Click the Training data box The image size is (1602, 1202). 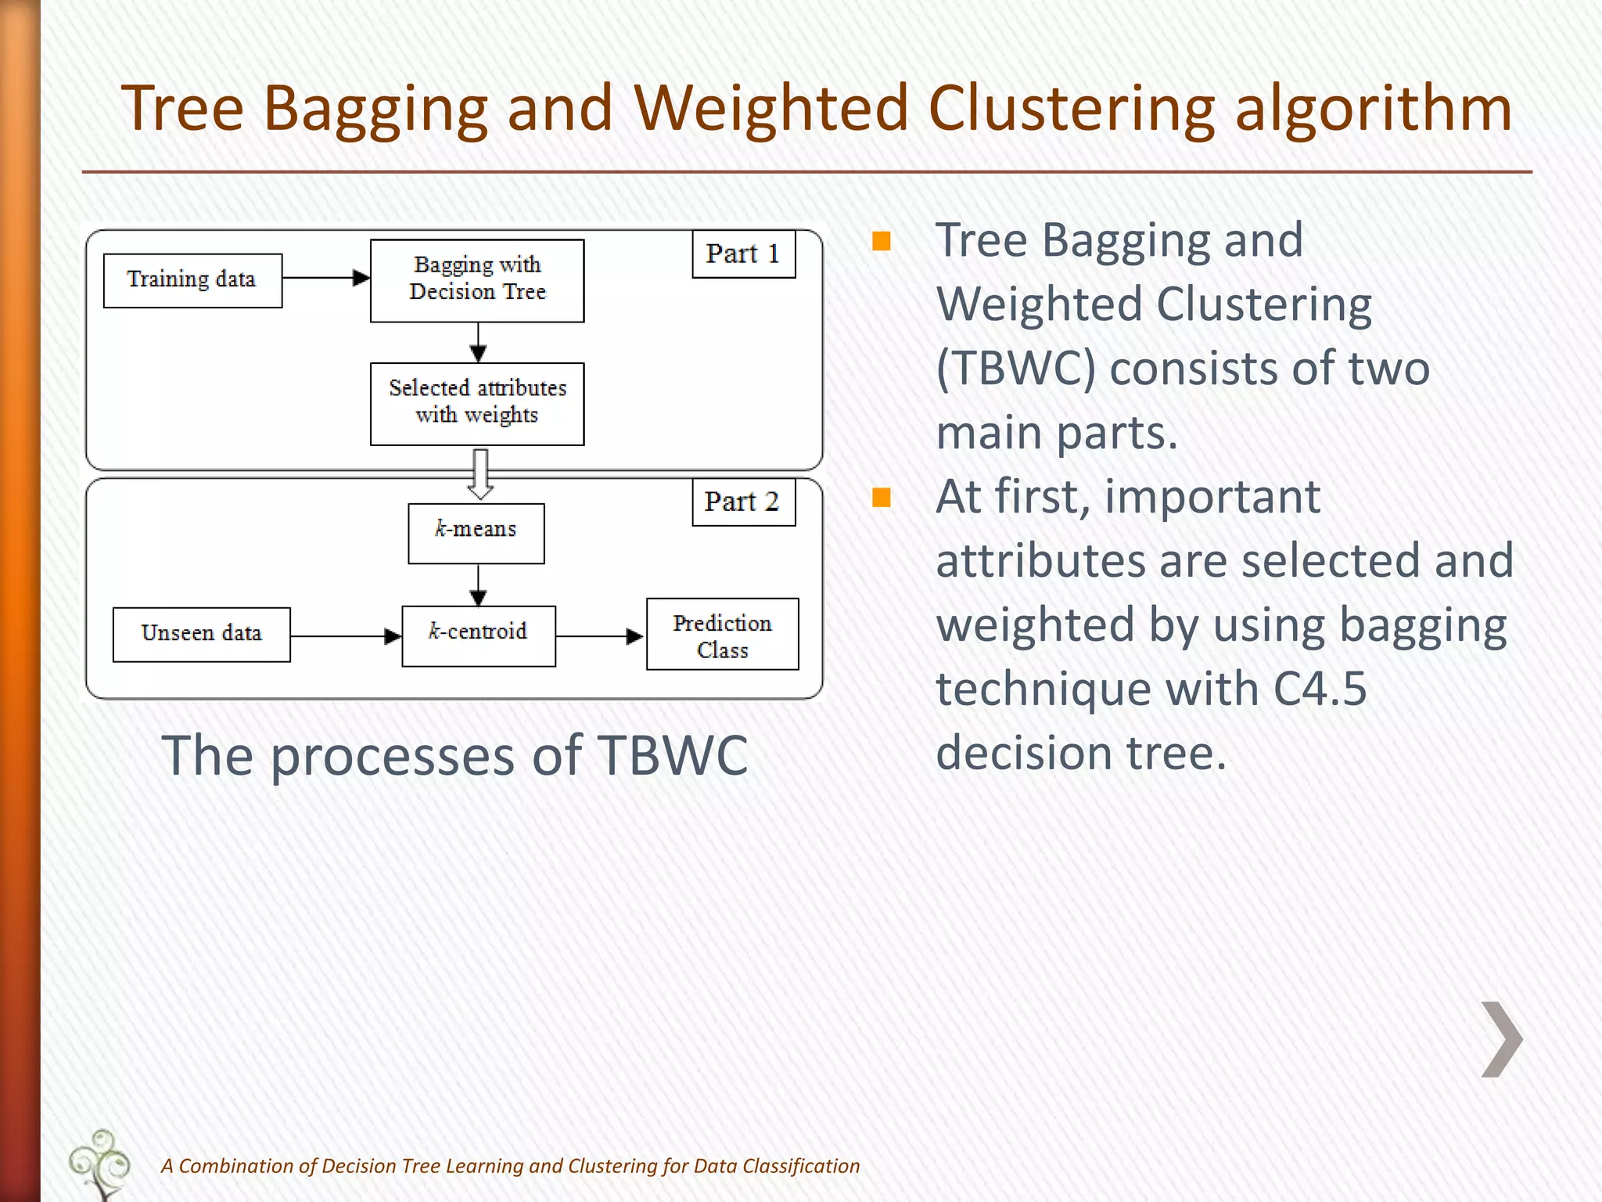coord(192,280)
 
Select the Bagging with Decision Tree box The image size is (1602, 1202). coord(477,280)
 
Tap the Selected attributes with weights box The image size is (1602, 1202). coord(477,404)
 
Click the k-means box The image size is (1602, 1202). coord(476,533)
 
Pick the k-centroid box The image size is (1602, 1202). coord(479,635)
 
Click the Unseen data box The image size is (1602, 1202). coord(201,635)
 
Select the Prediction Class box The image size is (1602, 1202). coord(722,634)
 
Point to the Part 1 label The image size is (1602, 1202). coord(743,254)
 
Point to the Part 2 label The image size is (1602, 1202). coord(743,502)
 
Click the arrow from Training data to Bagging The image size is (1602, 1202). coord(325,278)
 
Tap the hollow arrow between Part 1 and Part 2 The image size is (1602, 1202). coord(480,474)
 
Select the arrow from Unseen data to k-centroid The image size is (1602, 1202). coord(345,636)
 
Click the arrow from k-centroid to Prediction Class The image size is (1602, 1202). coord(599,636)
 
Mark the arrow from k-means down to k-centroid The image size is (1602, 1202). coord(479,585)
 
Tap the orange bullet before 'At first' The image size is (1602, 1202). coord(882,498)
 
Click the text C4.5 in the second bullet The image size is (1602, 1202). coord(1320,689)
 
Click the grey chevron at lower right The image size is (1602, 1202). coord(1502,1039)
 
